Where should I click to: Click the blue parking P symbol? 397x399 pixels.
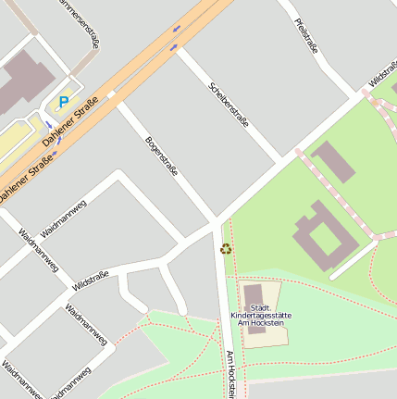coord(64,102)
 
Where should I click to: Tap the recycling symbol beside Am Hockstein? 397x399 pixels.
coord(226,248)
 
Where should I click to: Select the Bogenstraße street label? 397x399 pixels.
coord(161,156)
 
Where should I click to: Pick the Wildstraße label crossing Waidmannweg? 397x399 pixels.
coord(89,279)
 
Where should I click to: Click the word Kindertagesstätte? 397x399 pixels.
coord(260,315)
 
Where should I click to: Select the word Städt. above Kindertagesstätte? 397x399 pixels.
coord(261,307)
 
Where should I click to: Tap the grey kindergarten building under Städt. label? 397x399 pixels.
coord(253,294)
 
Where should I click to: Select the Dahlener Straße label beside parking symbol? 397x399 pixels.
coord(70,122)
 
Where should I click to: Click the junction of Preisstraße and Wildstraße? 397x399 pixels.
coord(359,95)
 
